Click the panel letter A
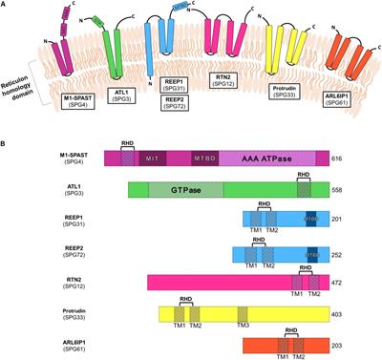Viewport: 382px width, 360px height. pos(6,6)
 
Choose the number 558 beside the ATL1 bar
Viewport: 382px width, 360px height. pos(341,191)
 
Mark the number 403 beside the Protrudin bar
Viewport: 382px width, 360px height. pos(341,313)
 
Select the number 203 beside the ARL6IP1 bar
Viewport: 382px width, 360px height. pos(341,344)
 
